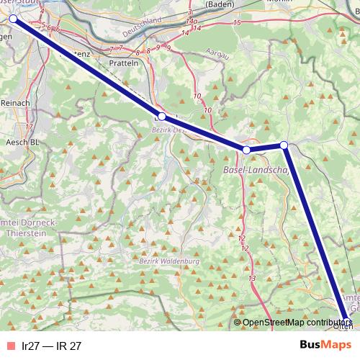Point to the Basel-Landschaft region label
coord(256,171)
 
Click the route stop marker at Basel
coord(12,19)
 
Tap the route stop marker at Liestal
coord(162,117)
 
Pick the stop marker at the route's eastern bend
coord(284,145)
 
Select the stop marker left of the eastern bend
coord(246,150)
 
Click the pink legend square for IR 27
coord(9,346)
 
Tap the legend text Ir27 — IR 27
coord(52,346)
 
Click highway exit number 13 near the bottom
coord(251,278)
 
